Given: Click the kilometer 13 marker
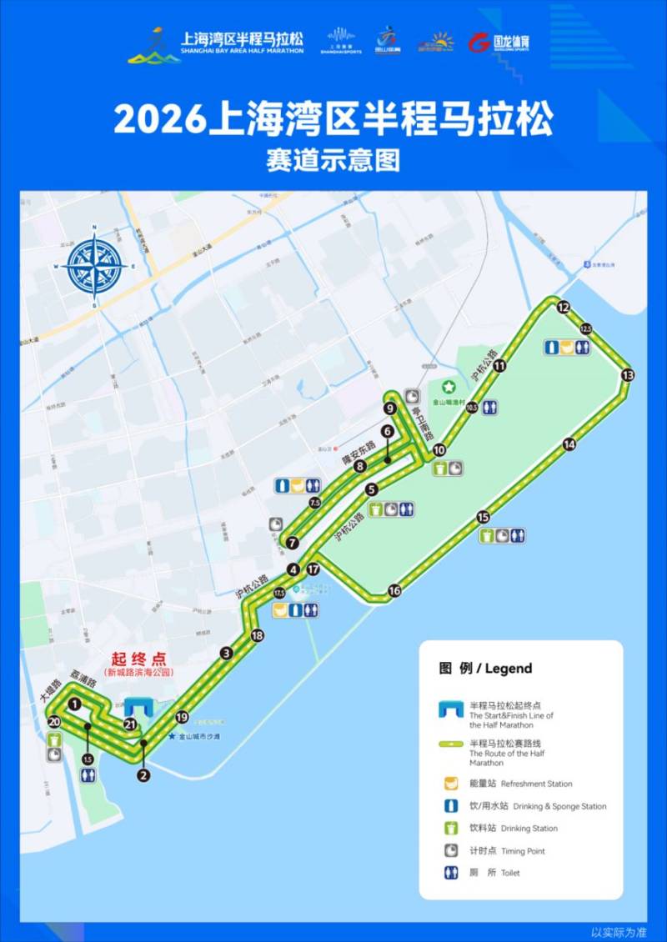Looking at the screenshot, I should click(x=627, y=375).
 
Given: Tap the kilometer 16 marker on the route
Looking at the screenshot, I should click(x=394, y=590).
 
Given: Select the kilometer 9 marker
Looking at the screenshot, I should click(x=389, y=408).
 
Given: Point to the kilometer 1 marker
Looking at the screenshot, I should click(x=75, y=704).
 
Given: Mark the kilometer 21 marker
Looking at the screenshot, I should click(x=130, y=724).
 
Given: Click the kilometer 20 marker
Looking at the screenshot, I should click(x=54, y=722).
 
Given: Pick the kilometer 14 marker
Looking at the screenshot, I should click(x=569, y=444).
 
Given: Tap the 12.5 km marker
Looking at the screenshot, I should click(x=585, y=328).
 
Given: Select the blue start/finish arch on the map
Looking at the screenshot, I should click(x=137, y=707).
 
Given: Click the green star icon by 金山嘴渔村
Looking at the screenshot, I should click(x=449, y=387).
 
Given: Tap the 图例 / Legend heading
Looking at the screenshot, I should click(x=485, y=668).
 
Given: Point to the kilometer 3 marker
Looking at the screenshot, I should click(x=226, y=653).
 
